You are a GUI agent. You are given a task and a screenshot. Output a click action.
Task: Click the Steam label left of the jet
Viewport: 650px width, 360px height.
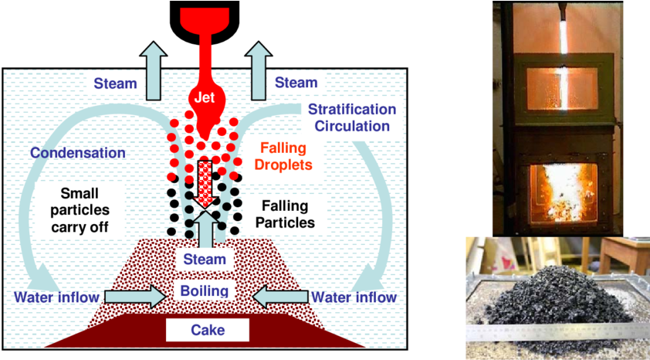point(115,83)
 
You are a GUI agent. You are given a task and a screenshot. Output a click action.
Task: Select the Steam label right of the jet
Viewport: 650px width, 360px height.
point(296,83)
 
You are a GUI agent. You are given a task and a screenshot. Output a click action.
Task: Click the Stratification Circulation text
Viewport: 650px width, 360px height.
point(351,117)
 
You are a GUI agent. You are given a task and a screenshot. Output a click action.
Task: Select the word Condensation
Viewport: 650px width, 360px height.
point(77,153)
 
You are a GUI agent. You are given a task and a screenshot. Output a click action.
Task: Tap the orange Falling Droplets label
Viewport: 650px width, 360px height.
point(283,157)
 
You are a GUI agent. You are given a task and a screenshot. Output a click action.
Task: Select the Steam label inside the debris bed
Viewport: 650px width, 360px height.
point(205,260)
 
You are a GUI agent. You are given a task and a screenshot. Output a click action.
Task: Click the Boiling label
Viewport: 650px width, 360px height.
point(205,291)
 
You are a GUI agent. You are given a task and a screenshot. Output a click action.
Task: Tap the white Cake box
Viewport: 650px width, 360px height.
point(208,330)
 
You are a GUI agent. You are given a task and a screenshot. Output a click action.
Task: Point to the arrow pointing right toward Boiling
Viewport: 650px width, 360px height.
point(135,296)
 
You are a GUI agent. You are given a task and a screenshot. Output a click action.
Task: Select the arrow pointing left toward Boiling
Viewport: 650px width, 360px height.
point(279,296)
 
